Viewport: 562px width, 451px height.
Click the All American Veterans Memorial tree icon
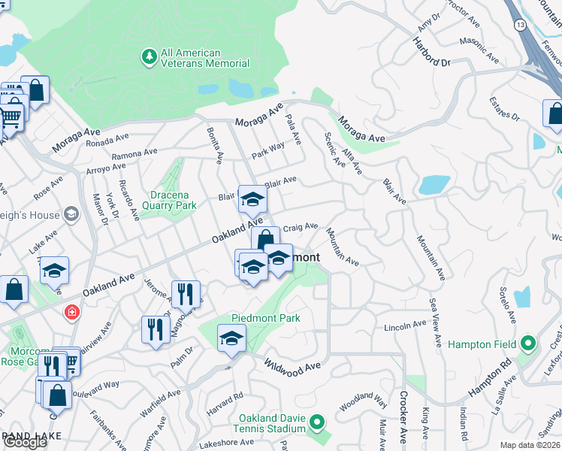(x=150, y=57)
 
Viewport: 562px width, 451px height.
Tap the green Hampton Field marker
(x=527, y=344)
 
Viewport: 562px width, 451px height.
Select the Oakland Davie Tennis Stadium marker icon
(x=316, y=423)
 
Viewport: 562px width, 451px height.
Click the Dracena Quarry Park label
(x=168, y=199)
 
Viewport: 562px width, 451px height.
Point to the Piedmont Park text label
(x=266, y=318)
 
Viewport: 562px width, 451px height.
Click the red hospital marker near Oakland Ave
(x=72, y=311)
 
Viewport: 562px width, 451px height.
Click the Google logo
(x=25, y=442)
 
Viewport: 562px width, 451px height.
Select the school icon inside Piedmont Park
(x=231, y=340)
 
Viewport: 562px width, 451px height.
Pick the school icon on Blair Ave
(x=252, y=200)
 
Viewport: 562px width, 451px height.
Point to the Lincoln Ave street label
(x=405, y=326)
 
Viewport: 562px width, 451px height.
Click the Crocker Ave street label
(x=403, y=426)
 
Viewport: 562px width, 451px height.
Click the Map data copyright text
(x=530, y=445)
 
